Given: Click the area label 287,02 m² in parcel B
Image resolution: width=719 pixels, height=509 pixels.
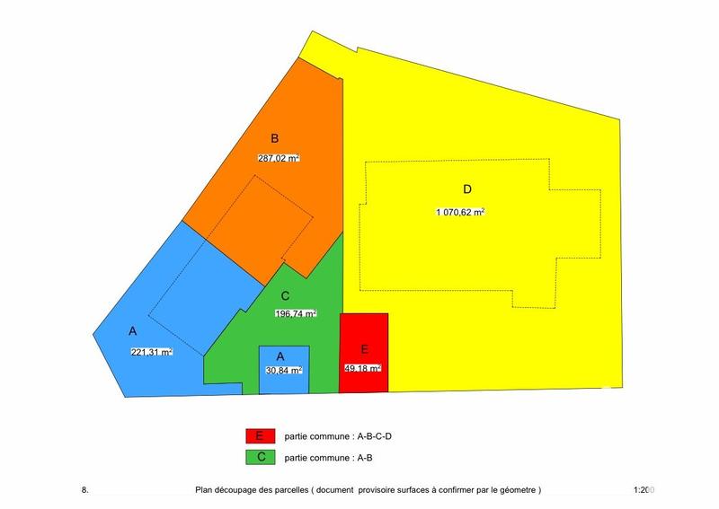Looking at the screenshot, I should pos(279,158).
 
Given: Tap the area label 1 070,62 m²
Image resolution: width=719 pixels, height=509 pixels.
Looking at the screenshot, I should pos(461,213).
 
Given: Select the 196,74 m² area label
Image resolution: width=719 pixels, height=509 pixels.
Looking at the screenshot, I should pos(296,314).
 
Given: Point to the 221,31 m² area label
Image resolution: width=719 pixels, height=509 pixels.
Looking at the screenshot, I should pos(151,352).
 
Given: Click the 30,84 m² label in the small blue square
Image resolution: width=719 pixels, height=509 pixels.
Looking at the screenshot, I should pos(283,370).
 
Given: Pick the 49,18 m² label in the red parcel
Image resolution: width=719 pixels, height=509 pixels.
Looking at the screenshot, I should pos(363,368).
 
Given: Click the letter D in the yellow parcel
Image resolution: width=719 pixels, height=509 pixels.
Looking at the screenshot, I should pos(466,189).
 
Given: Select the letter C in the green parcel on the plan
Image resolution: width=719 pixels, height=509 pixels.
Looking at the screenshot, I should pos(284,295).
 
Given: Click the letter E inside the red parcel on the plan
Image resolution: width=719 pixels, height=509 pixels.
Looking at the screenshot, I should pos(363,350).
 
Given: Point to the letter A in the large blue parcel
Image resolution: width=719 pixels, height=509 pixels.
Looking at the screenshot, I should pos(132,331).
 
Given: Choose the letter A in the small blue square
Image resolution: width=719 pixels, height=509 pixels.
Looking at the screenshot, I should pos(281,355).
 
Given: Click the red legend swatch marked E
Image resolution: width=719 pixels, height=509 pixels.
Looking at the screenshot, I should pos(259,435).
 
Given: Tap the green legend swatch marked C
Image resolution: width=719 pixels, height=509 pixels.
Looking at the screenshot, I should pos(259,457).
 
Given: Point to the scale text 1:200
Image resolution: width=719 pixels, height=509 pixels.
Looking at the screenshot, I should pos(644,490).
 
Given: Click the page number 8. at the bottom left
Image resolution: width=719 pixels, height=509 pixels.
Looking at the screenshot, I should pos(84,490).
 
